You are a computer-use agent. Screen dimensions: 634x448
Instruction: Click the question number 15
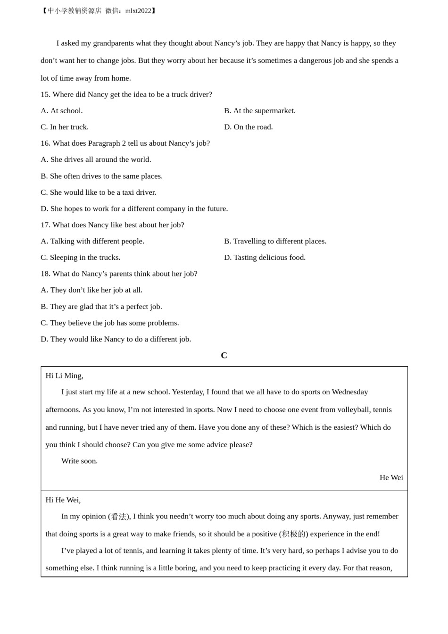45,94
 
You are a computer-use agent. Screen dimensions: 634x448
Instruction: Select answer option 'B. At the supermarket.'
259,111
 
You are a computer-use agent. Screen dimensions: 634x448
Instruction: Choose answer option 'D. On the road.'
248,127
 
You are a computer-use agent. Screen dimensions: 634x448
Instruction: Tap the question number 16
45,143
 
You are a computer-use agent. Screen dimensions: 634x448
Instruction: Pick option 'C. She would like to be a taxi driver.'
98,192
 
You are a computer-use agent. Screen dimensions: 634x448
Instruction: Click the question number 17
45,225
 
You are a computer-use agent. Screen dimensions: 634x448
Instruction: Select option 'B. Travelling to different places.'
275,241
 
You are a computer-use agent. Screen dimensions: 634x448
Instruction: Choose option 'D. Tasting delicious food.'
265,258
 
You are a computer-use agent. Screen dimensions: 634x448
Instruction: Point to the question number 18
45,274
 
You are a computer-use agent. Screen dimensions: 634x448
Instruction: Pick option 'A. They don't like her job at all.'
91,290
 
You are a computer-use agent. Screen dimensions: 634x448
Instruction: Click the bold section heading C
224,356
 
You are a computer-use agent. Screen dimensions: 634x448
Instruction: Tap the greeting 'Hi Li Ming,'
64,375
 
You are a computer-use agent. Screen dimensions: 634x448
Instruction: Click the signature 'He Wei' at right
391,477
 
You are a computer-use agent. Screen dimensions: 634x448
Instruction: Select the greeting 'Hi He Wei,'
63,500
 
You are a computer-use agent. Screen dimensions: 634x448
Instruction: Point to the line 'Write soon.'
79,461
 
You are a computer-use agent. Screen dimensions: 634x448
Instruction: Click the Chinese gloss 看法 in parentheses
118,517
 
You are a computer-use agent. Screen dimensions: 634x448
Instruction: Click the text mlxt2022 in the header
138,11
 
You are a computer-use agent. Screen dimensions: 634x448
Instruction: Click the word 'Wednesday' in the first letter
349,392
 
